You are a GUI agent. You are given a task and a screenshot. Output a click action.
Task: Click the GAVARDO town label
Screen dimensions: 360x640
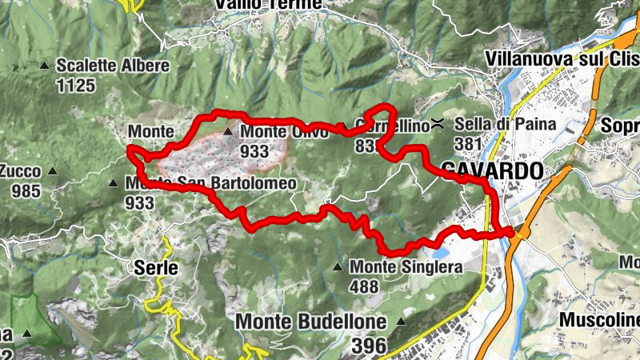[x=491, y=170]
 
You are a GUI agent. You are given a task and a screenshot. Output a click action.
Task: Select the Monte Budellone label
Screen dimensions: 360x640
[x=311, y=322]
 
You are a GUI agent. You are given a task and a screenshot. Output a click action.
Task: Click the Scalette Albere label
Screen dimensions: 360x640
[x=113, y=66]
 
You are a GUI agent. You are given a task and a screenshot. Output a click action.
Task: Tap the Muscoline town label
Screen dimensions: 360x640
[x=599, y=321]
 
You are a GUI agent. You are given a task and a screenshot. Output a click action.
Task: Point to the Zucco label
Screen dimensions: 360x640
[x=22, y=170]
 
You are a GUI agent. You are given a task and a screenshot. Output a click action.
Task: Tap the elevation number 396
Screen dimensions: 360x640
[x=368, y=345]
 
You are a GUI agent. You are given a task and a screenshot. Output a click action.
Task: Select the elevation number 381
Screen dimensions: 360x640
[x=468, y=144]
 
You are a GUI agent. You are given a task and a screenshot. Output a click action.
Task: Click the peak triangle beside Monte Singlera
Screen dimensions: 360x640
[x=338, y=267]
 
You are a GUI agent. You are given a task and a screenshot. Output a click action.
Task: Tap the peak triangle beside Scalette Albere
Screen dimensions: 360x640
[x=46, y=66]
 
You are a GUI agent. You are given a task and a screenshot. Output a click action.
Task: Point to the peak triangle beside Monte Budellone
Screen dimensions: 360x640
[x=401, y=322]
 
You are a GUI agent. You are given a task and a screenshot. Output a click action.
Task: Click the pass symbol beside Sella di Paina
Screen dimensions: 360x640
[x=438, y=123]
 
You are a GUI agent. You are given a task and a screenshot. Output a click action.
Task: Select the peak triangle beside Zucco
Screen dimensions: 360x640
[x=53, y=170]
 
